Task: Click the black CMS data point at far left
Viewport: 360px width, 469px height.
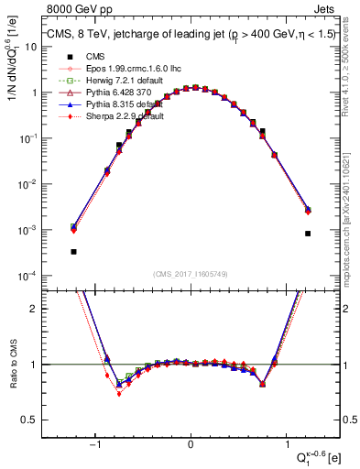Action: [73, 251]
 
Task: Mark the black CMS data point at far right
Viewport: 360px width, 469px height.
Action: [308, 234]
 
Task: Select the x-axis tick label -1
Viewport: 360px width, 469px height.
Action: [95, 445]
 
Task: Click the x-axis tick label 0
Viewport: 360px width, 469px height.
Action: [191, 445]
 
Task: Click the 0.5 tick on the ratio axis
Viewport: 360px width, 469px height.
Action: [29, 420]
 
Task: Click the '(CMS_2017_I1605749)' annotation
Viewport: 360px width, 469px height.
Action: [191, 273]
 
